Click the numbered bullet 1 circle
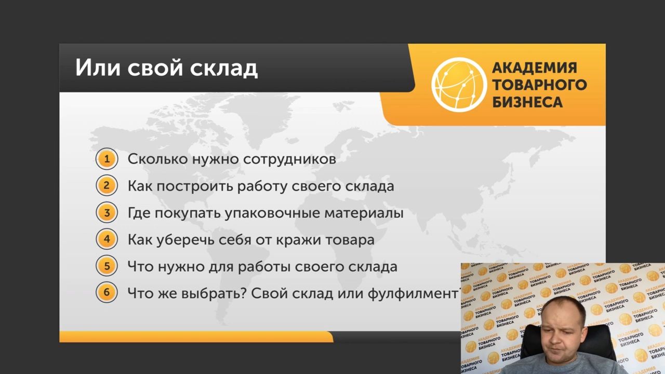coord(107,159)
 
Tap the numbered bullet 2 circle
coord(107,185)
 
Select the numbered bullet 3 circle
coord(107,212)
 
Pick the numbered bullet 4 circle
coord(107,239)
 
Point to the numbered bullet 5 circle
coord(107,266)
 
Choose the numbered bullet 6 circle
coord(107,292)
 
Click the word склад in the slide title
coord(224,68)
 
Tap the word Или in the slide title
coord(98,68)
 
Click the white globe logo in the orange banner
coord(459,85)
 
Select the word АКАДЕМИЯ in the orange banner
coord(535,68)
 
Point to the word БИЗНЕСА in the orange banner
coord(527,102)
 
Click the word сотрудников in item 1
coord(290,159)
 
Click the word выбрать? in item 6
coord(215,293)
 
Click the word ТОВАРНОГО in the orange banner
coord(540,85)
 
